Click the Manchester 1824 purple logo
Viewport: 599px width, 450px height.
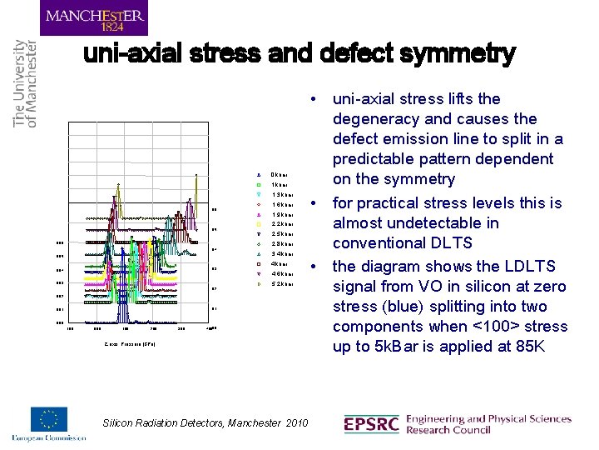coord(94,17)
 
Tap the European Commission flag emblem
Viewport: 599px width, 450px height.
coord(49,420)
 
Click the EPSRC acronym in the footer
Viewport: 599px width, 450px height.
coord(370,425)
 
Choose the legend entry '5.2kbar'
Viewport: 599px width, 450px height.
coord(283,284)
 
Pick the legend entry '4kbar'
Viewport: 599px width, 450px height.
coord(280,264)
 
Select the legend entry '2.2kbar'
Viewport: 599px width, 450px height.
coord(283,224)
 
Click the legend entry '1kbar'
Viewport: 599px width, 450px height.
coord(280,185)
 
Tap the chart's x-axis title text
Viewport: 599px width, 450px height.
coord(131,343)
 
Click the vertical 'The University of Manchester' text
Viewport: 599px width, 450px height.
coord(25,83)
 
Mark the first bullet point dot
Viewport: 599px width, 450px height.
coord(312,99)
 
